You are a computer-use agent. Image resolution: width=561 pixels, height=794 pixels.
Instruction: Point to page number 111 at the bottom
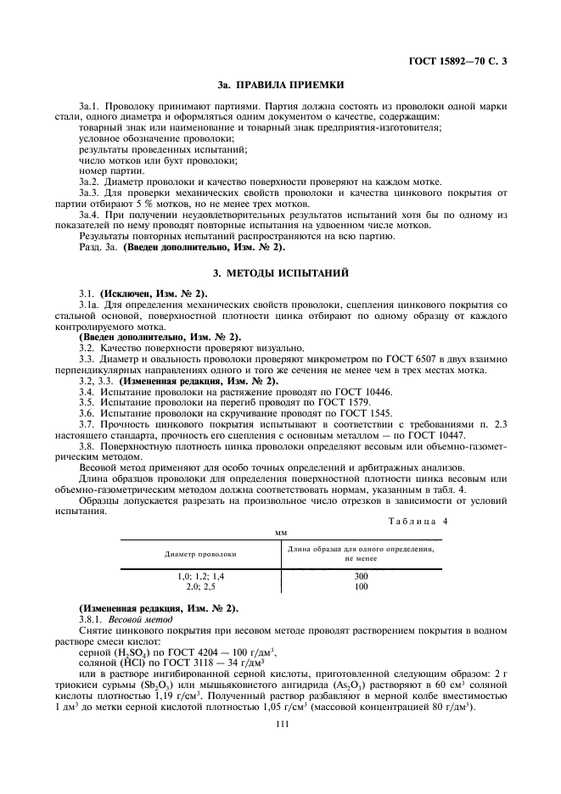[280, 746]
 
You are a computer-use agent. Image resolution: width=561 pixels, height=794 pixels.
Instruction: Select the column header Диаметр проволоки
[200, 553]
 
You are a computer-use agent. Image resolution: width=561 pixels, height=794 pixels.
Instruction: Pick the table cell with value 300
[362, 576]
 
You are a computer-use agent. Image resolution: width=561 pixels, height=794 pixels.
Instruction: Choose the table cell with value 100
[362, 585]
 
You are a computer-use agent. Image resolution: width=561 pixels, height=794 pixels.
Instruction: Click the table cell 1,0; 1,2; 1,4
[200, 576]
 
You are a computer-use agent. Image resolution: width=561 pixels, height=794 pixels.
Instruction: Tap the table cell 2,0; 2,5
[200, 585]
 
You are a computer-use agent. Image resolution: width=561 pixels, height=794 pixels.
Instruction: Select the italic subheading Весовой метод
[132, 620]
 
